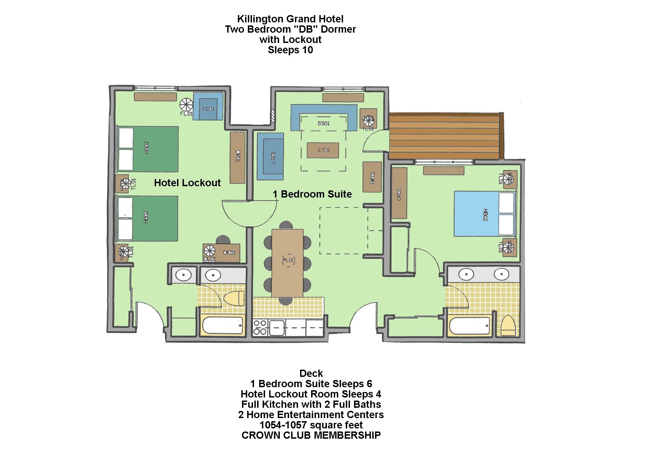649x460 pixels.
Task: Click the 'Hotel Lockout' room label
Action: pyautogui.click(x=187, y=182)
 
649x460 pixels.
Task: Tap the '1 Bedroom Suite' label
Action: pyautogui.click(x=312, y=194)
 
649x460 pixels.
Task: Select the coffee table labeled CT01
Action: pyautogui.click(x=323, y=150)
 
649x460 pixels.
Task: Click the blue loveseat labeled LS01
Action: pyautogui.click(x=271, y=157)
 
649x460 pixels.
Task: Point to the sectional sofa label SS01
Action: pyautogui.click(x=323, y=123)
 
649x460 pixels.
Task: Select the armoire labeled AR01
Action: pyautogui.click(x=372, y=177)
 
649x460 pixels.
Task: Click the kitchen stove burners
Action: pyautogui.click(x=260, y=327)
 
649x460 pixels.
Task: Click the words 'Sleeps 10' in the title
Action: pyautogui.click(x=290, y=50)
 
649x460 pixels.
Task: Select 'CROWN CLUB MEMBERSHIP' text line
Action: pyautogui.click(x=311, y=435)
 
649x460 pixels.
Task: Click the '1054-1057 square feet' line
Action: pyautogui.click(x=311, y=425)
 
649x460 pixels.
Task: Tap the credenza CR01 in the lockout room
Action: pyautogui.click(x=238, y=158)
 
